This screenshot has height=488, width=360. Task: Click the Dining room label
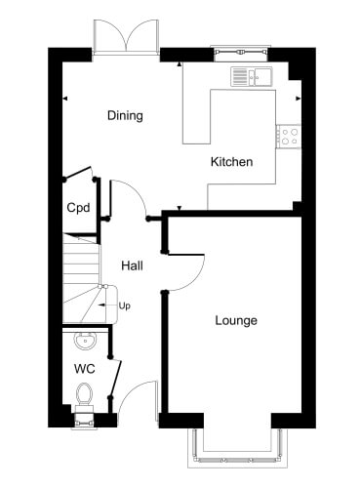(125, 115)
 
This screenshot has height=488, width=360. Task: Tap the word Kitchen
(231, 162)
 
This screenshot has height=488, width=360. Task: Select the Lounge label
(236, 321)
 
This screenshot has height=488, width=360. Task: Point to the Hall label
(132, 265)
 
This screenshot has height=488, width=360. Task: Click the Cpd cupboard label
(78, 208)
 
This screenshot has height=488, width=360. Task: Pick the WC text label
(85, 369)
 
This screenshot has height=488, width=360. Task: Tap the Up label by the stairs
(124, 305)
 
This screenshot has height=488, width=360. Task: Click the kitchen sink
(252, 76)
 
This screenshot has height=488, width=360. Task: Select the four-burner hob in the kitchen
(289, 137)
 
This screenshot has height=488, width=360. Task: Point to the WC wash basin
(85, 341)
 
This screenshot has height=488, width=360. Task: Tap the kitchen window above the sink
(241, 53)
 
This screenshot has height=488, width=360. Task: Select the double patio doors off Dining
(126, 36)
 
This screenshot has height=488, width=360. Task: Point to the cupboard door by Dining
(78, 172)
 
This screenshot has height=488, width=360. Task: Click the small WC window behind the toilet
(84, 421)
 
